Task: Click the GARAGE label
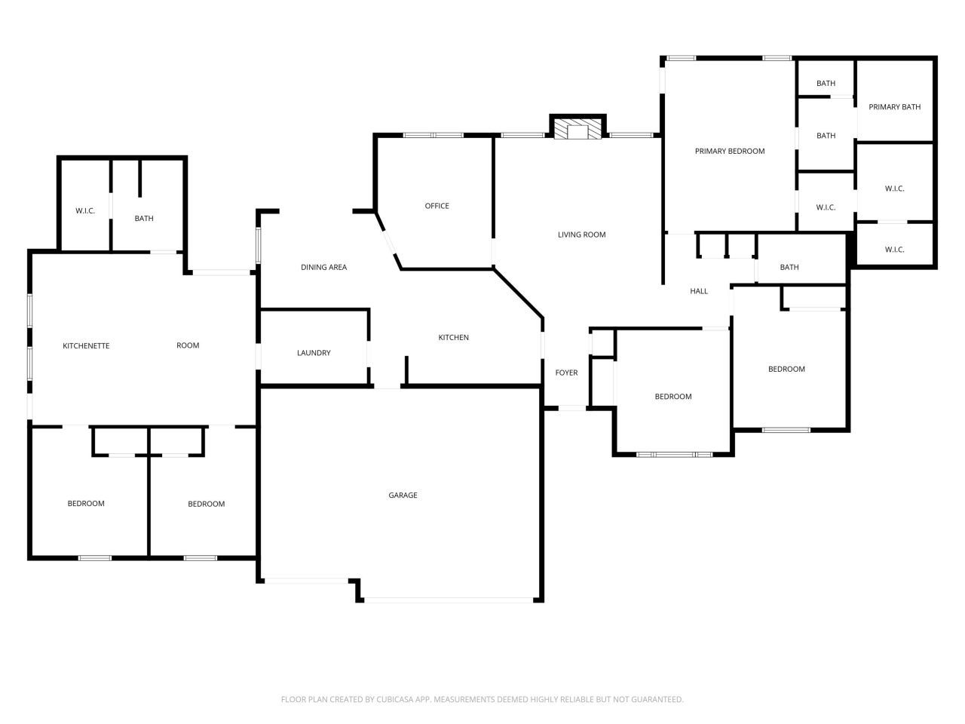click(x=403, y=495)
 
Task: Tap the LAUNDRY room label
click(x=314, y=352)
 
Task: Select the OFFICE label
click(x=437, y=206)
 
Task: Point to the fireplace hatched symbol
click(x=577, y=129)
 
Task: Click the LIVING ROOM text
click(x=581, y=235)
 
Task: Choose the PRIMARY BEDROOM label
click(x=729, y=152)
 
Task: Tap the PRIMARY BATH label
click(x=894, y=107)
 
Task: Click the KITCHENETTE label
click(x=86, y=346)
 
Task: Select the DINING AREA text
click(x=323, y=267)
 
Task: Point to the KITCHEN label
click(x=453, y=338)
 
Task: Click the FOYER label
click(x=566, y=373)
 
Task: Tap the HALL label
click(x=699, y=291)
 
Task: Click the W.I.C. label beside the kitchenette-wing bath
click(x=85, y=211)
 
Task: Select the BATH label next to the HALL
click(x=789, y=267)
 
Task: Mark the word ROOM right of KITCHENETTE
click(x=188, y=345)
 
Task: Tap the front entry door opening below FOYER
click(x=571, y=408)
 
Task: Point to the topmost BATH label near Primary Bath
click(x=826, y=84)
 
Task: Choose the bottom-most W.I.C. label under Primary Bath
click(x=894, y=250)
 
